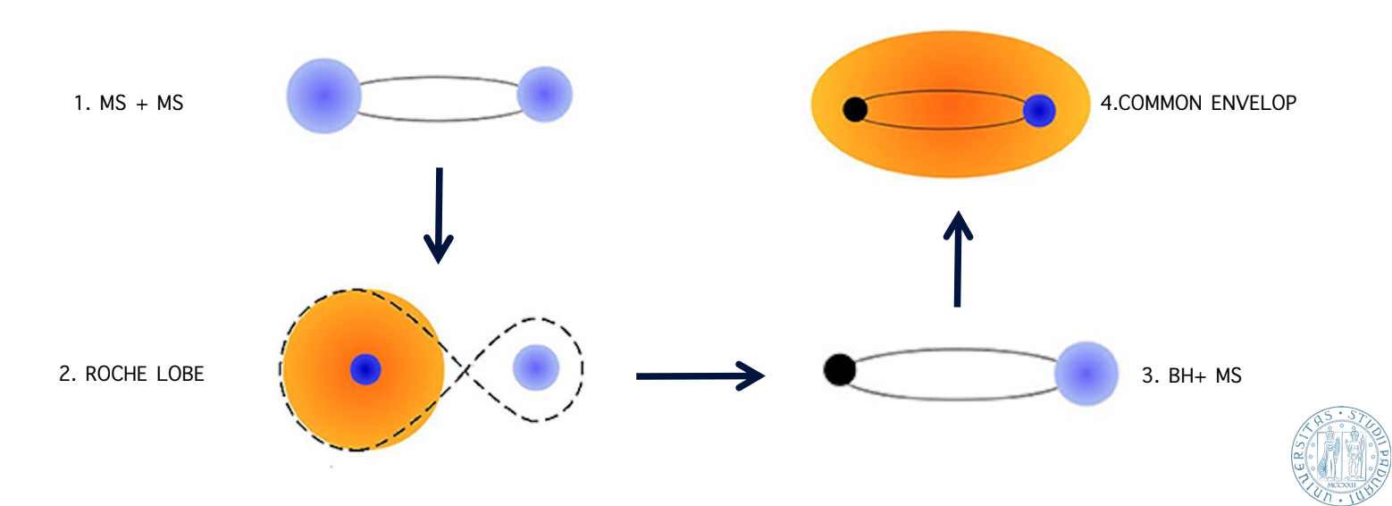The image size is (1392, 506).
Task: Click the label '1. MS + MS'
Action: pyautogui.click(x=129, y=103)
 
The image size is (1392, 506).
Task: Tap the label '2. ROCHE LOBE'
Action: pyautogui.click(x=131, y=374)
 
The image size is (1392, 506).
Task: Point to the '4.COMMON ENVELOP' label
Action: pyautogui.click(x=1198, y=103)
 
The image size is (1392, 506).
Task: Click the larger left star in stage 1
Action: pyautogui.click(x=324, y=96)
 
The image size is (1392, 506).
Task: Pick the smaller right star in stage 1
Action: pyautogui.click(x=544, y=94)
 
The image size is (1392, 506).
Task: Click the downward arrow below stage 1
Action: pyautogui.click(x=439, y=215)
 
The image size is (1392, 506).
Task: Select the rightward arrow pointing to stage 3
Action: pyautogui.click(x=700, y=376)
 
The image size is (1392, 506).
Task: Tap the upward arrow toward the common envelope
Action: pyautogui.click(x=957, y=259)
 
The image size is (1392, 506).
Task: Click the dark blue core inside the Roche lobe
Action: pyautogui.click(x=365, y=368)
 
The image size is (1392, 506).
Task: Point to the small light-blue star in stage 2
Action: pyautogui.click(x=536, y=367)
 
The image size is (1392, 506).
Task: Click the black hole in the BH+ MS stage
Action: pyautogui.click(x=838, y=368)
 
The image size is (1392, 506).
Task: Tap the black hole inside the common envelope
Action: pyautogui.click(x=855, y=110)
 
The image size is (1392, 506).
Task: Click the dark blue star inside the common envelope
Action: pyautogui.click(x=1039, y=111)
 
